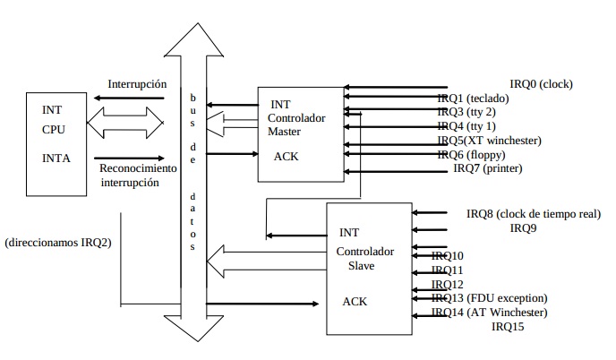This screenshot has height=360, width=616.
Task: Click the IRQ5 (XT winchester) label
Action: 489,141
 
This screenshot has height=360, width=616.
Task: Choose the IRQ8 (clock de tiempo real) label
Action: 533,214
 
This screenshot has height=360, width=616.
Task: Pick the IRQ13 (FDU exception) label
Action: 489,298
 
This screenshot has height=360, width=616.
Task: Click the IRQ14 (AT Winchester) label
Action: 489,313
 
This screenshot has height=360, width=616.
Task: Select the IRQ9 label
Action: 524,228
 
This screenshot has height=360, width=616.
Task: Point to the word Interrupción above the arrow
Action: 137,84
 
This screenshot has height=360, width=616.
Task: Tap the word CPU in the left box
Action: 55,128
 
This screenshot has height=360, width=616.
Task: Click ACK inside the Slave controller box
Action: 355,302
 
